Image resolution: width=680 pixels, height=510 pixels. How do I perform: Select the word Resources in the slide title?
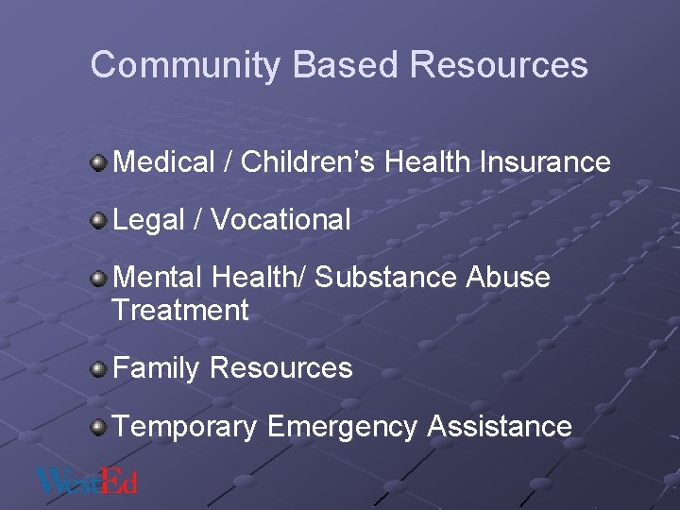tap(500, 65)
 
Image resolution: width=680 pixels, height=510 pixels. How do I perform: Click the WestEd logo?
tap(87, 482)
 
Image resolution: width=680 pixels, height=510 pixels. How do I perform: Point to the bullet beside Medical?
tap(99, 163)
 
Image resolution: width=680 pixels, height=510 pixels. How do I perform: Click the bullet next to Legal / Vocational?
tap(99, 221)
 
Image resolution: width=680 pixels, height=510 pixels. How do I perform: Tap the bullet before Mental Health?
tap(99, 279)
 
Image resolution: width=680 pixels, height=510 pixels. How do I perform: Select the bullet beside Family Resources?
tap(99, 369)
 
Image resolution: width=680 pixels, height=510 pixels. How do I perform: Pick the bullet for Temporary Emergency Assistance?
tap(99, 427)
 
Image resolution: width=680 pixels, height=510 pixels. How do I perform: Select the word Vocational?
tap(280, 220)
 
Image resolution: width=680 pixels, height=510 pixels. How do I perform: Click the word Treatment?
tap(180, 310)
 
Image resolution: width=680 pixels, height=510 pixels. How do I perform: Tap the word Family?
tap(157, 368)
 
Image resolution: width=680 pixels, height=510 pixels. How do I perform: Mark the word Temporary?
tap(185, 426)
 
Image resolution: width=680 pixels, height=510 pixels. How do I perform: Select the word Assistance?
tap(500, 426)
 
